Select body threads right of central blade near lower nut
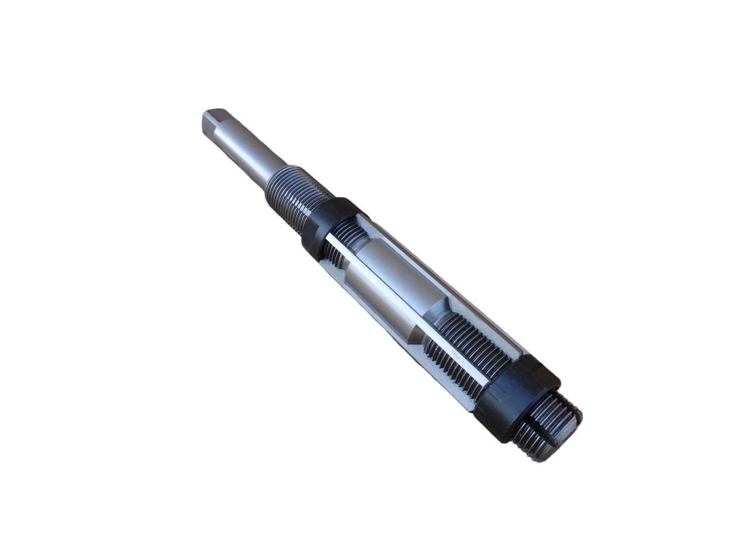tap(479, 344)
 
